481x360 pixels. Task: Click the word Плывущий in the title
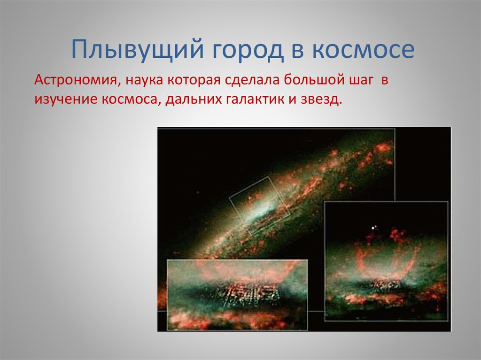[x=138, y=49]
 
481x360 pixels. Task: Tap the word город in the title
[x=248, y=51]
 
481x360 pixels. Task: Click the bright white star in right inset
[x=373, y=228]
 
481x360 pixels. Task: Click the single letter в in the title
[x=297, y=51]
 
